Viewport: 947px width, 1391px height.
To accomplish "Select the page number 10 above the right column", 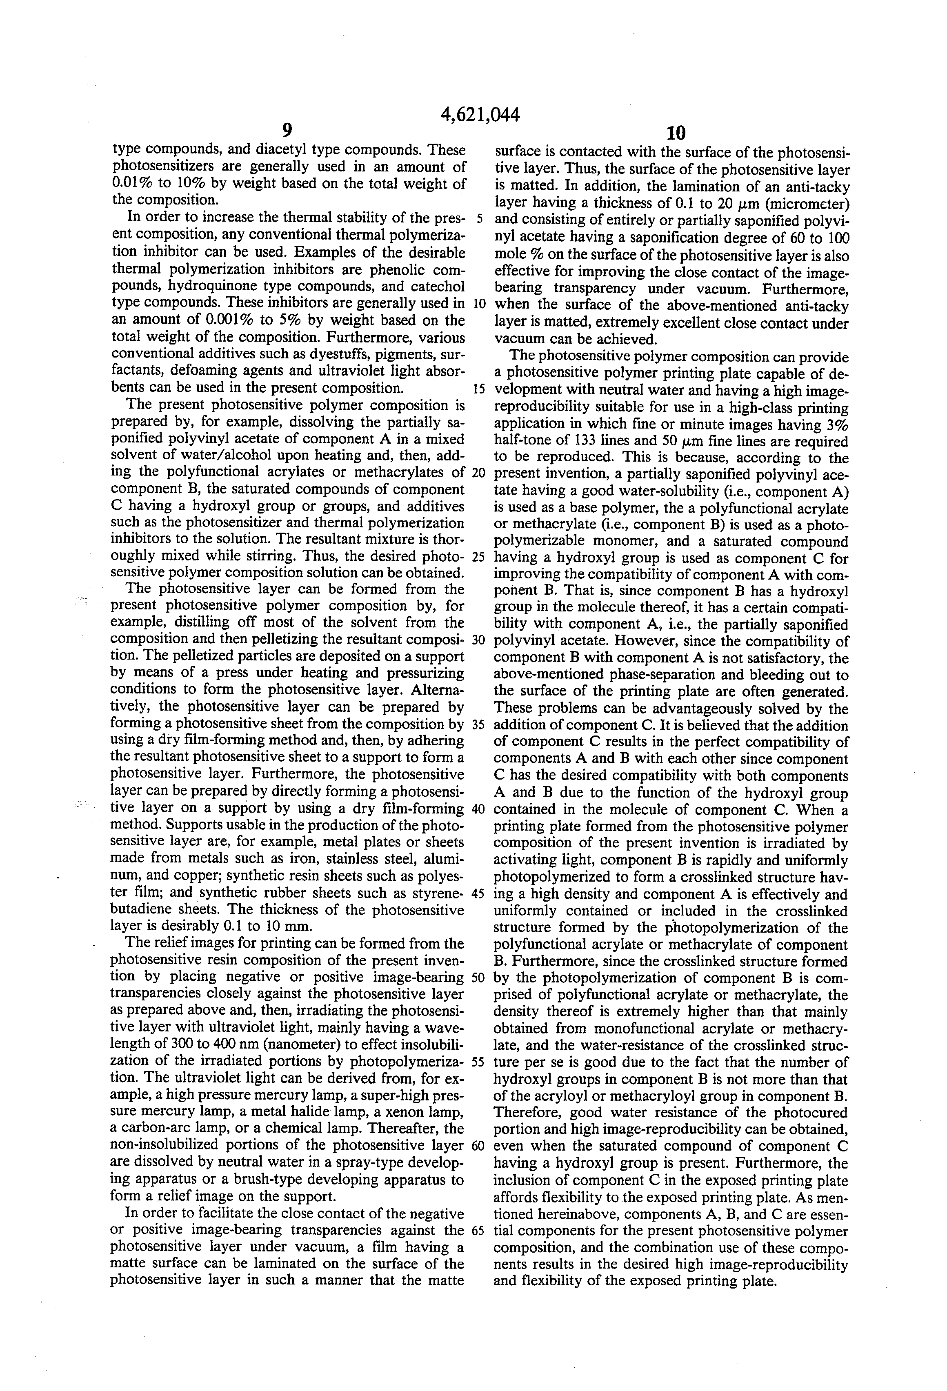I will click(x=675, y=132).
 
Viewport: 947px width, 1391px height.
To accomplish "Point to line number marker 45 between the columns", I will click(x=478, y=895).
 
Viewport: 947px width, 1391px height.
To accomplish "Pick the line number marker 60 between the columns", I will click(x=478, y=1146).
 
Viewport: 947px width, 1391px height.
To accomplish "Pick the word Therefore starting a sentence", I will click(x=527, y=1112).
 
